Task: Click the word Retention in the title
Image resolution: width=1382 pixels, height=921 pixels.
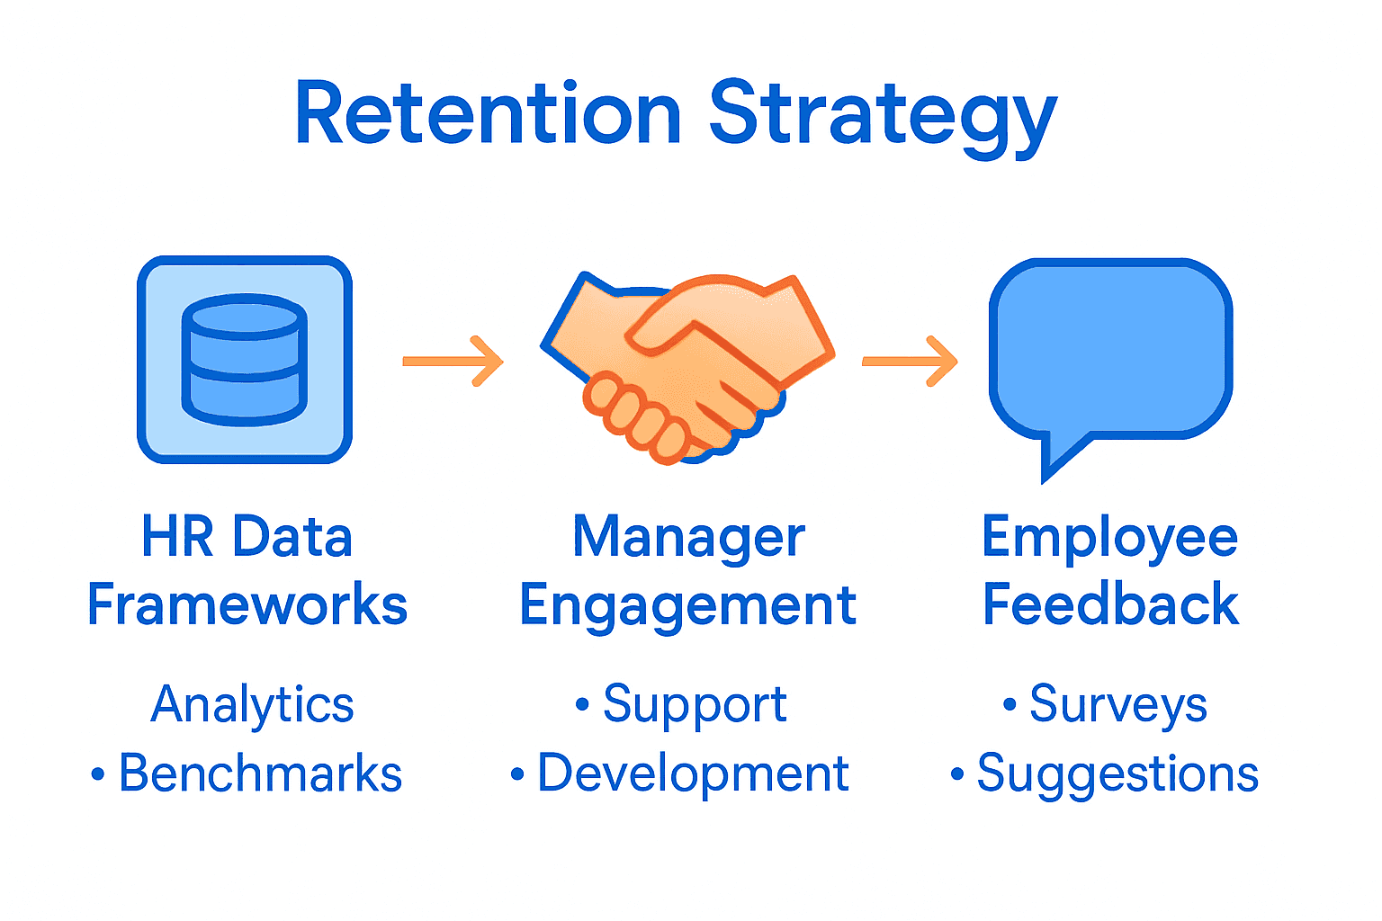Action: (488, 114)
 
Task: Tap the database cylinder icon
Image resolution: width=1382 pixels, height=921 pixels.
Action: (244, 360)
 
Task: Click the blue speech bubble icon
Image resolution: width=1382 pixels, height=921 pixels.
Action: (1109, 351)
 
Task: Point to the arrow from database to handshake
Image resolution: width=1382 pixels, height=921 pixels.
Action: (453, 362)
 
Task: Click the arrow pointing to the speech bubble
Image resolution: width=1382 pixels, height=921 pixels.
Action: (910, 362)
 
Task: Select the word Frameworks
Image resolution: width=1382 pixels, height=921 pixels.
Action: (247, 604)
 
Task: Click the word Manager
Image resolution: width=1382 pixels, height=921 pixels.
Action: (688, 538)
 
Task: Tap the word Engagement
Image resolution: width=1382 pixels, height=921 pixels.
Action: (688, 606)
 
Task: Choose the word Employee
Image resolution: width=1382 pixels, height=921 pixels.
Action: (1109, 538)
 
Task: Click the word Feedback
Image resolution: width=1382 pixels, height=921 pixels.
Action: (1109, 604)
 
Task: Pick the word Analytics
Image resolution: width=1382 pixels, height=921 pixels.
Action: (252, 704)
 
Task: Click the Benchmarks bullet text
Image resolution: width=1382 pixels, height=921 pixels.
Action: (259, 773)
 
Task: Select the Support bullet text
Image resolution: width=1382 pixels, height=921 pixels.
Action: (695, 704)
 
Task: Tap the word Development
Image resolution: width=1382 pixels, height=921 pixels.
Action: (693, 773)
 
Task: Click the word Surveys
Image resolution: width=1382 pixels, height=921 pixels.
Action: (1117, 704)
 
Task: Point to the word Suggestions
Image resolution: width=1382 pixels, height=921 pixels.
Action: (1117, 773)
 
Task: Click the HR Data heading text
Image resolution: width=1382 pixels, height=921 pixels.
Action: (247, 538)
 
